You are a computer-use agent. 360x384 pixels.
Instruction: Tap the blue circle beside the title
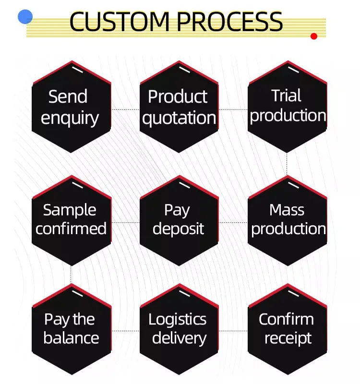25,17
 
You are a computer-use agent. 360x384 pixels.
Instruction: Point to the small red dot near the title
314,36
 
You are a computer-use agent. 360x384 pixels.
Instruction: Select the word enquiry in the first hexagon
70,118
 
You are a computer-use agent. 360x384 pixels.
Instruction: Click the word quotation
179,118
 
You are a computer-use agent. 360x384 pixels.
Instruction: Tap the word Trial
287,96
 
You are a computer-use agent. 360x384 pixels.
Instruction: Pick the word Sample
70,210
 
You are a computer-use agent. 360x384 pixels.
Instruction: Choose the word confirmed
71,228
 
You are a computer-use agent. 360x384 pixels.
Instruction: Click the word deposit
178,228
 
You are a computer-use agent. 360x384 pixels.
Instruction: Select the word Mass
287,210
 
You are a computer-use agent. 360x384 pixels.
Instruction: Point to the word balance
71,337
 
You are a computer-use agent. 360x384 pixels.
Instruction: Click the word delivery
179,338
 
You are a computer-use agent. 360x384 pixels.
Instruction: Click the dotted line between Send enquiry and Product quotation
126,110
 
